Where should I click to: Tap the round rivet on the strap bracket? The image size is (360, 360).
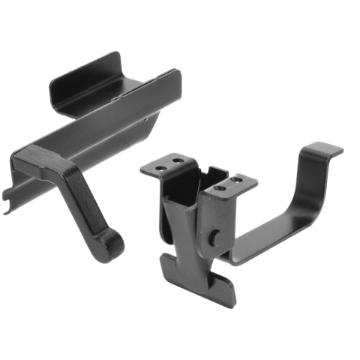215,238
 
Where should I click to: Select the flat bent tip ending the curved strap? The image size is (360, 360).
324,149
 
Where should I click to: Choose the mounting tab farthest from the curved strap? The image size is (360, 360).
164,165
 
